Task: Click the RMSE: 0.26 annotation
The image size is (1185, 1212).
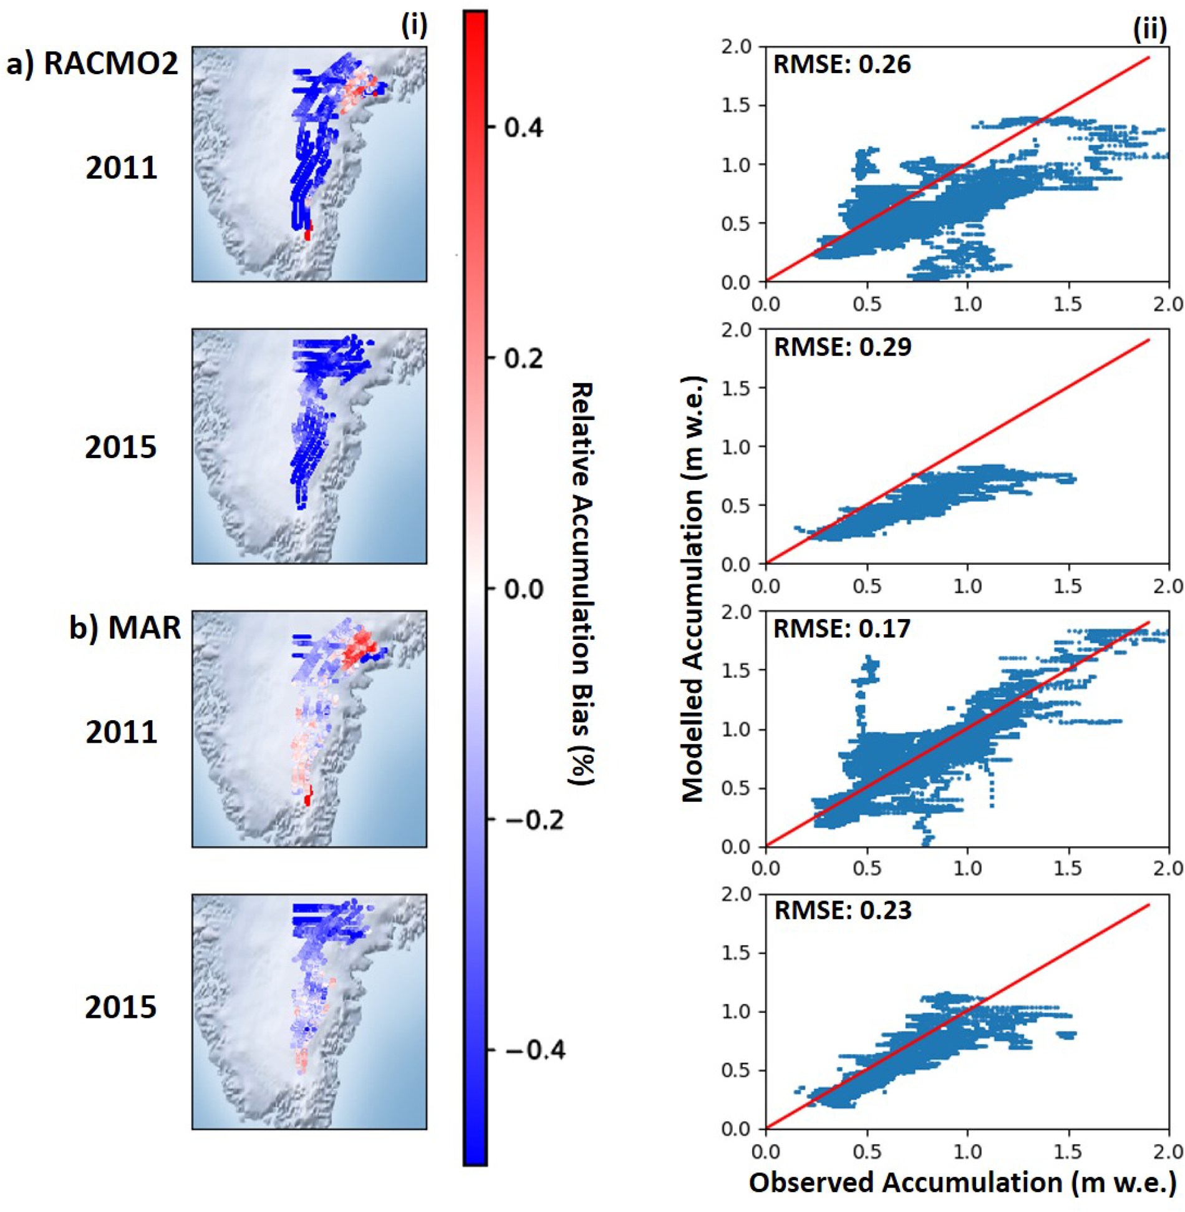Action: tap(841, 65)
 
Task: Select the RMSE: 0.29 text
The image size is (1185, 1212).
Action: tap(842, 347)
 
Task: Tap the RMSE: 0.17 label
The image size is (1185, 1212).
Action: tap(841, 628)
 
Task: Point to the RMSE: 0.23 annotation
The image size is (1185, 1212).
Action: tap(842, 911)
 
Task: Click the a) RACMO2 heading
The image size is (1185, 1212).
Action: tap(92, 65)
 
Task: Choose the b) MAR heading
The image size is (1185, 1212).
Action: tap(125, 628)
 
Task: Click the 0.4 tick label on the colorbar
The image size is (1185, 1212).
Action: tap(523, 128)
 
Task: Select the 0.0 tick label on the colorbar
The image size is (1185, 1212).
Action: tap(523, 589)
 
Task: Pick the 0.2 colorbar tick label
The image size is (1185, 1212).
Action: tap(523, 358)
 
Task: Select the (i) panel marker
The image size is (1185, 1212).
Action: tap(413, 26)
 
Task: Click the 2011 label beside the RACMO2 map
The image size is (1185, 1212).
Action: tap(121, 169)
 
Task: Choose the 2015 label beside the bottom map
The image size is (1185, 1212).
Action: tap(121, 1008)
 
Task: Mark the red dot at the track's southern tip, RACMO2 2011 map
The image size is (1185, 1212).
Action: tap(307, 234)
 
